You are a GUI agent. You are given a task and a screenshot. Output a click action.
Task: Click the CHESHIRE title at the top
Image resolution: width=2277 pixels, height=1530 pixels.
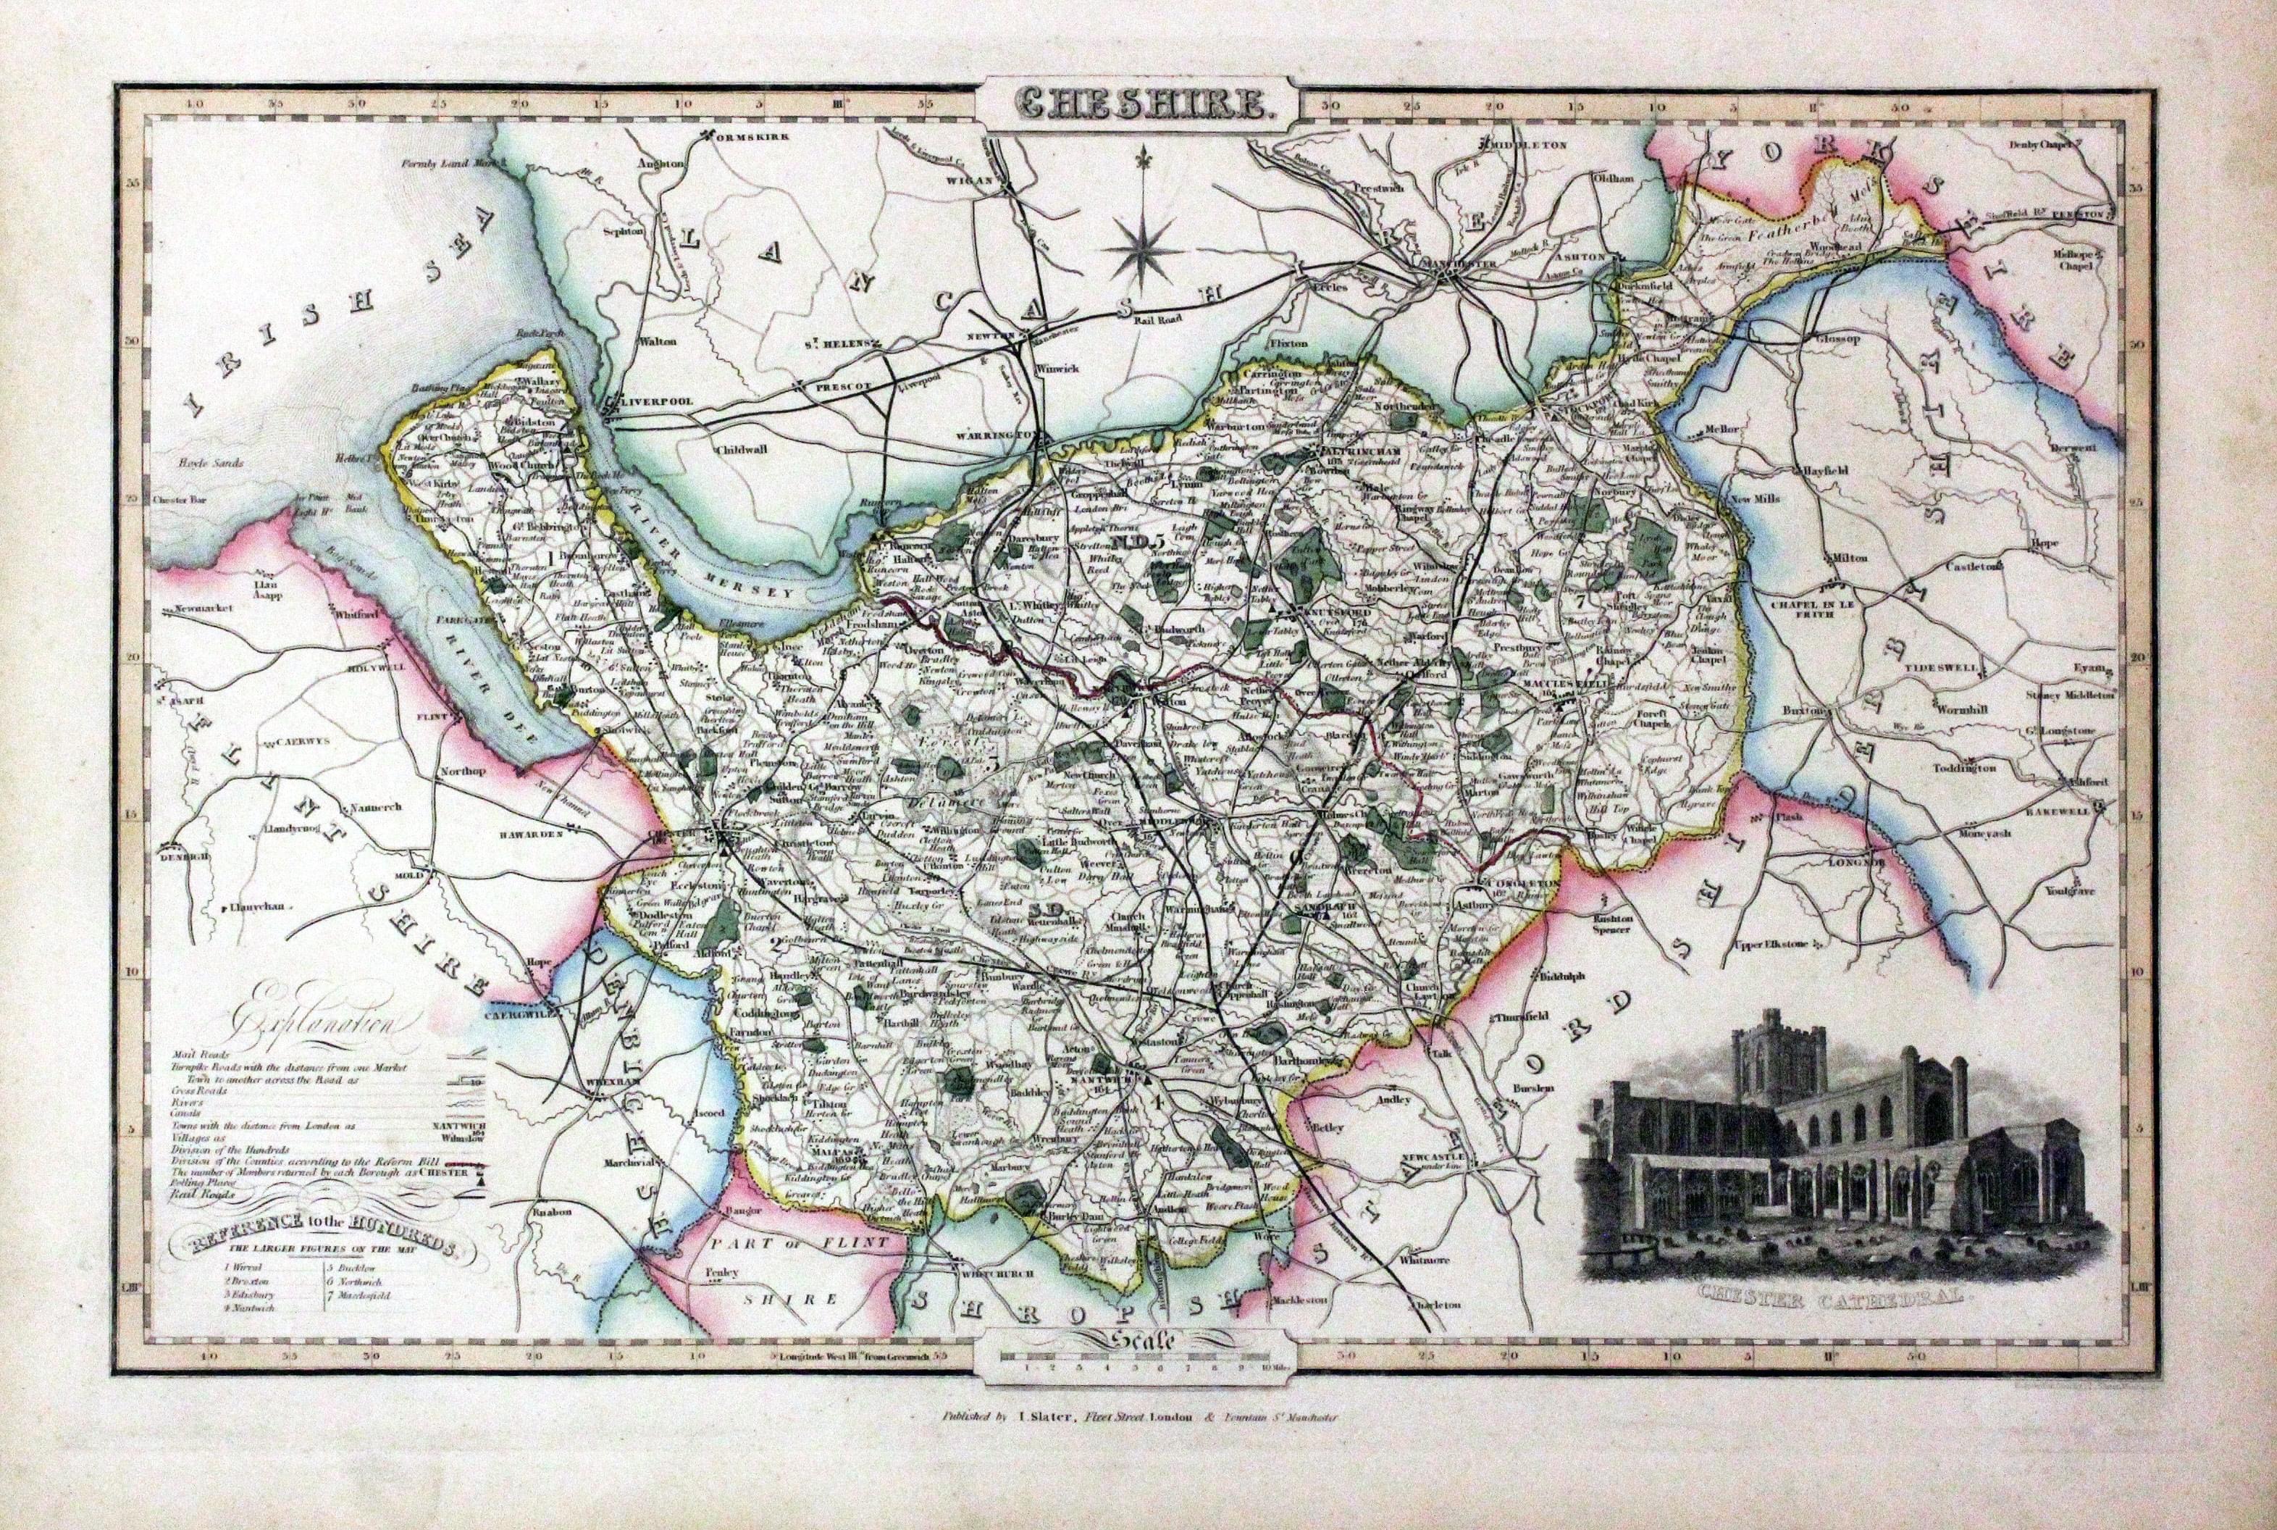[1138, 102]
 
